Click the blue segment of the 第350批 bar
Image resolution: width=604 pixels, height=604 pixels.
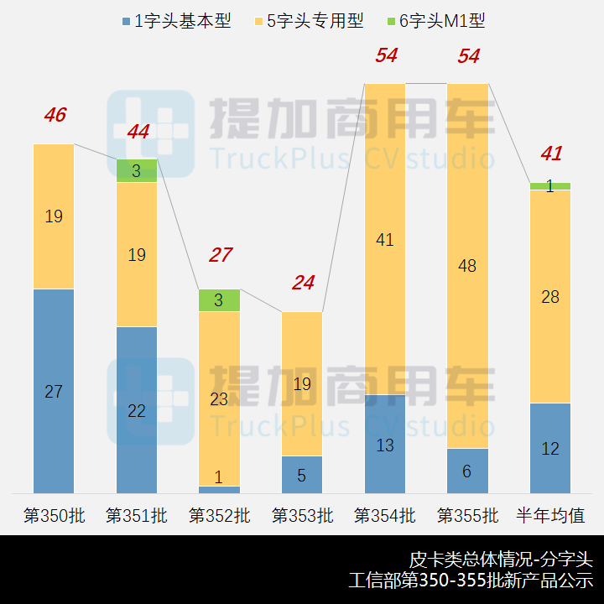[x=54, y=391]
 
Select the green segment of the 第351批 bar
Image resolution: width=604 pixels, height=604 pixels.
[x=137, y=170]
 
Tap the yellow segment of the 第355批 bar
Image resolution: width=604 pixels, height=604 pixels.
[x=467, y=265]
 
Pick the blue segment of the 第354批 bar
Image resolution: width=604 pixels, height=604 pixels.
[x=385, y=444]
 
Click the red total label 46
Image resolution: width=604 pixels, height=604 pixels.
[x=55, y=116]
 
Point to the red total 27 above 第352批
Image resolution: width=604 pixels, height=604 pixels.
[x=220, y=255]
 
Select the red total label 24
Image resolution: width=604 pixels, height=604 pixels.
[x=303, y=283]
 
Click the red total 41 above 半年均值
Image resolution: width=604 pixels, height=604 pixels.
[x=550, y=154]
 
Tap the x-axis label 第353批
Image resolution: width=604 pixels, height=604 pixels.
[x=302, y=515]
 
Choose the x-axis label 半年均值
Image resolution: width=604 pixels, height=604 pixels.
[x=550, y=515]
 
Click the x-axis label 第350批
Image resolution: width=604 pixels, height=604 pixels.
[x=54, y=515]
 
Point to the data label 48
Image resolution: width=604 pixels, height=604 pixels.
[x=467, y=266]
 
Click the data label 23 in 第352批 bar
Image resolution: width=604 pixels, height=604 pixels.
[x=219, y=399]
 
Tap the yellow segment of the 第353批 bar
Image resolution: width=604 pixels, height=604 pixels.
[x=302, y=383]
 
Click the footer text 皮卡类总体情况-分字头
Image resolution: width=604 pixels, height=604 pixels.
[x=501, y=559]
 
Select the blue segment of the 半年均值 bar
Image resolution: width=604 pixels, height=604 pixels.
[x=550, y=448]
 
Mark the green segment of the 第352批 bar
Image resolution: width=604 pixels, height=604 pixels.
[x=220, y=300]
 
